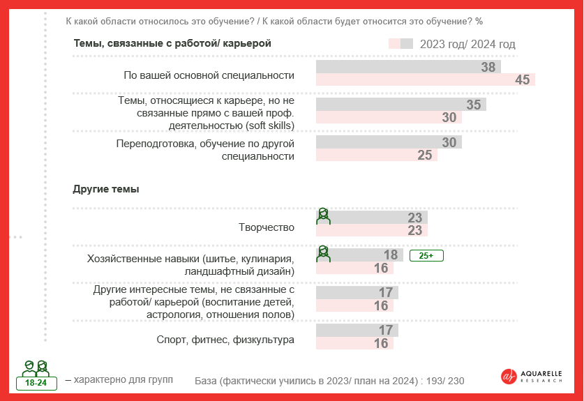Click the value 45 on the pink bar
click(x=522, y=80)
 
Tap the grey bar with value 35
click(x=401, y=105)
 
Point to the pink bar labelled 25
click(x=377, y=155)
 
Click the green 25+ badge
click(x=426, y=256)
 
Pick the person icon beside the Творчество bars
click(x=323, y=215)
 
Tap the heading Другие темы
click(x=106, y=189)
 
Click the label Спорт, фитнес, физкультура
click(x=225, y=340)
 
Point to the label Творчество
click(x=267, y=227)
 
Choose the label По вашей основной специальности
click(x=209, y=75)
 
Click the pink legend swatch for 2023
click(x=394, y=44)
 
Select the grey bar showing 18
click(x=359, y=255)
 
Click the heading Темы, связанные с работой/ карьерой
click(x=172, y=43)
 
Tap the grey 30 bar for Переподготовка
click(x=389, y=142)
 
